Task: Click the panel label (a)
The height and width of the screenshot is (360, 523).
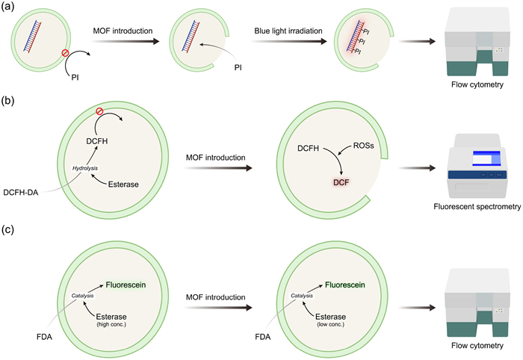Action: pyautogui.click(x=11, y=7)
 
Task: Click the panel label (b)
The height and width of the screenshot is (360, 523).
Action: pyautogui.click(x=11, y=98)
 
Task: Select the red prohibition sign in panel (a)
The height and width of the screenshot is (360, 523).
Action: pyautogui.click(x=69, y=54)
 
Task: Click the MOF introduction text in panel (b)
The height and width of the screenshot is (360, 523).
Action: pyautogui.click(x=213, y=159)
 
